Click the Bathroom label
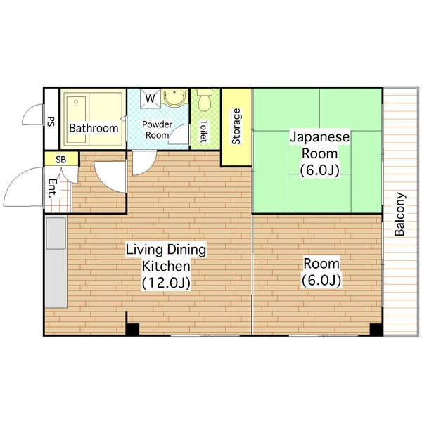(94, 128)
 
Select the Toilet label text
(203, 131)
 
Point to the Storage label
(236, 126)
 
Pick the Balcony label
(399, 215)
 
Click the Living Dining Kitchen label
(165, 257)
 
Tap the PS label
(51, 121)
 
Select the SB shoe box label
(60, 160)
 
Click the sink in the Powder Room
(175, 98)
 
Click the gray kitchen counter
(55, 260)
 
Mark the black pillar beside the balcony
(376, 329)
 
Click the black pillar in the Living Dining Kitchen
(132, 328)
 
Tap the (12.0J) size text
(165, 283)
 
